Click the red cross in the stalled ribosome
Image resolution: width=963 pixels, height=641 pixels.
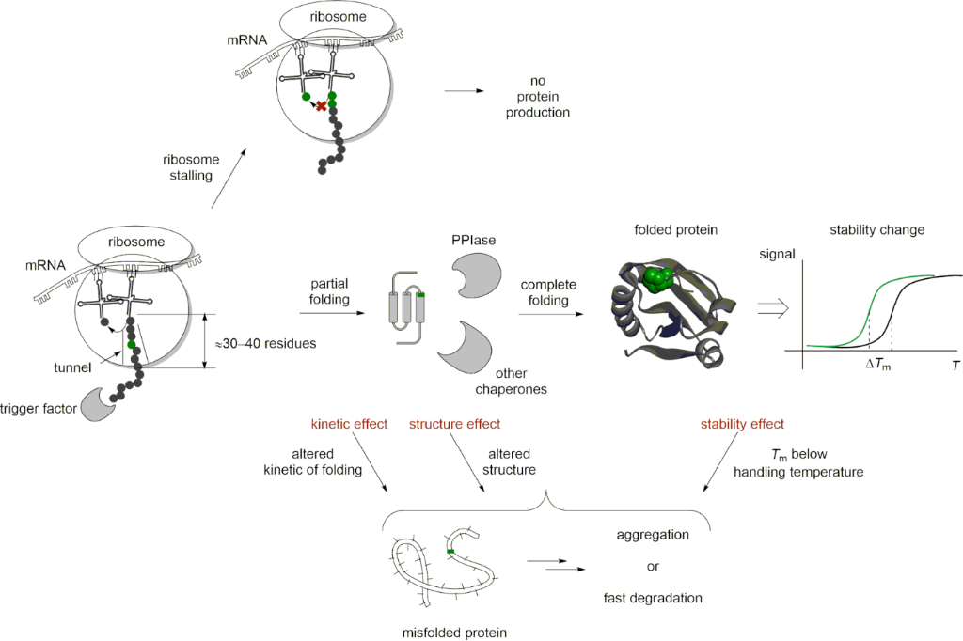(322, 107)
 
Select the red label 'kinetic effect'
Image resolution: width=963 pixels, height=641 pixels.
(349, 424)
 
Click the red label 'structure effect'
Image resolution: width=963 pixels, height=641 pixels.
(454, 424)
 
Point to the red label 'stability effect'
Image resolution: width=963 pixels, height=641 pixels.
(742, 424)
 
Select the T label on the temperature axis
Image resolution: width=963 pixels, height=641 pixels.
(955, 364)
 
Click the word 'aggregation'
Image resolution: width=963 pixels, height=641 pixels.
(653, 534)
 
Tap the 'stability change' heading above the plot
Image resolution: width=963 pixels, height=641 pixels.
(876, 230)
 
